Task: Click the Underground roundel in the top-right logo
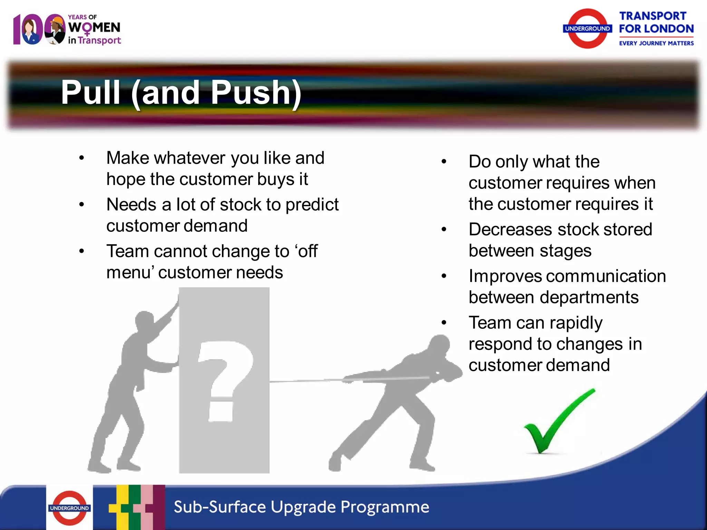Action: coord(588,29)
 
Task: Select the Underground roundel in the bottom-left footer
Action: coord(69,508)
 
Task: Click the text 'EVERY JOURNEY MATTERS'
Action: coord(656,43)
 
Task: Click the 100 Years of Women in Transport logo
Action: coord(67,29)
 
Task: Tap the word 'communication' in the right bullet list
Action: coord(606,276)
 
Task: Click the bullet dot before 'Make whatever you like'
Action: coord(82,158)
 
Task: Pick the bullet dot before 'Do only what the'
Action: coord(444,161)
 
